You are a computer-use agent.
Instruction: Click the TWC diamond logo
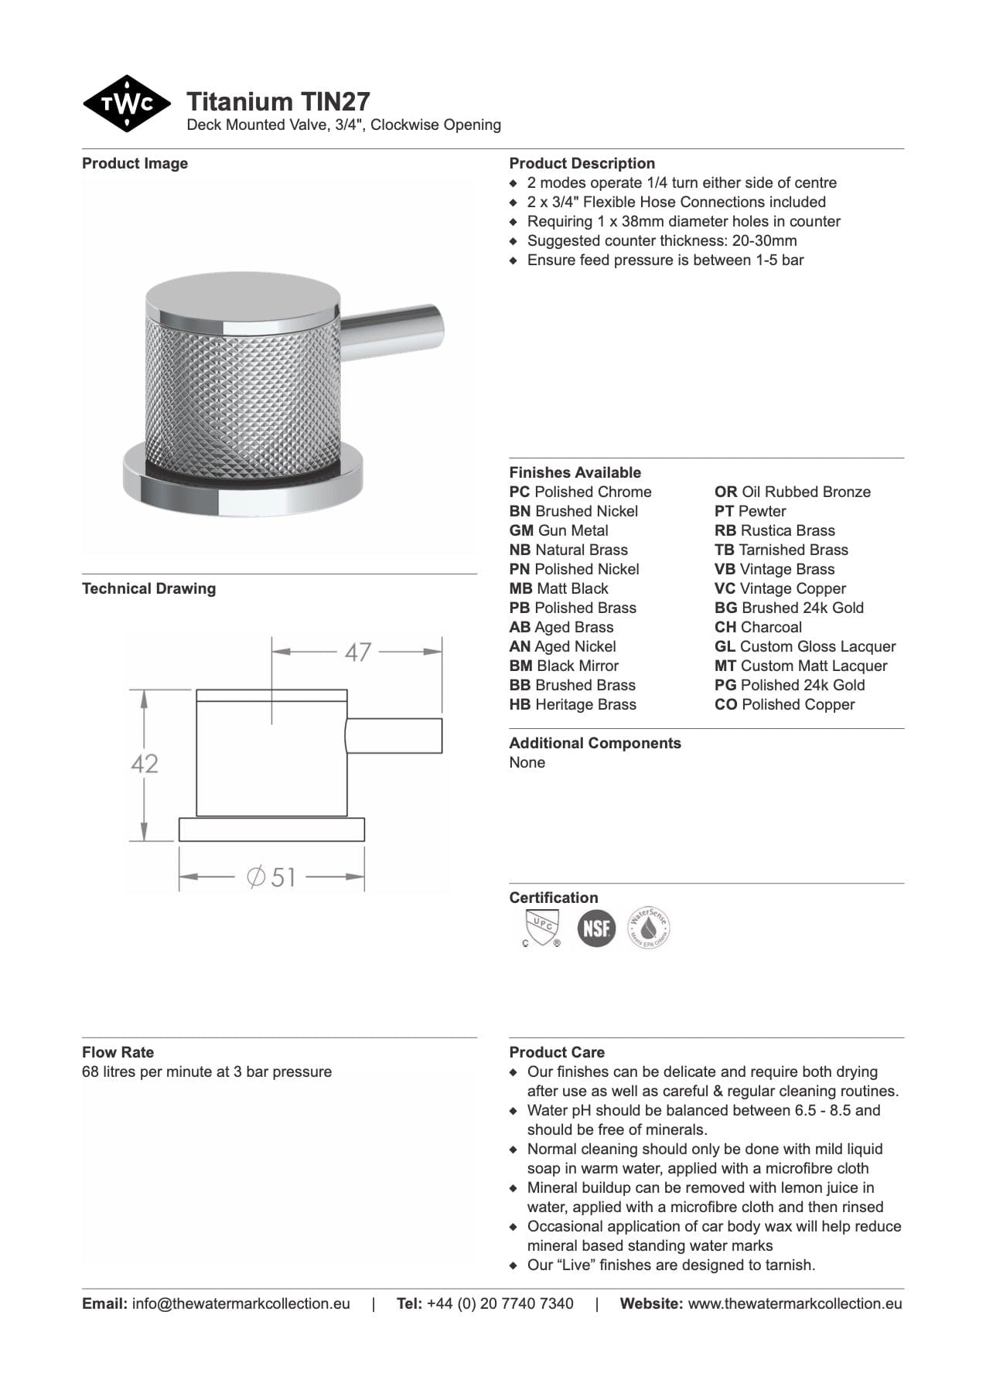pos(127,104)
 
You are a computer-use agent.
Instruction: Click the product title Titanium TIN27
pos(278,101)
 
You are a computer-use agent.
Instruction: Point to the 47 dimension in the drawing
pos(357,652)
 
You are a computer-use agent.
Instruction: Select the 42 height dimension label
pos(145,764)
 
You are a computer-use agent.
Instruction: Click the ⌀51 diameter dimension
pos(272,877)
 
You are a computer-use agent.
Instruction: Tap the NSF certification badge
pos(596,928)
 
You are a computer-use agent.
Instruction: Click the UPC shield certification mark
pos(541,928)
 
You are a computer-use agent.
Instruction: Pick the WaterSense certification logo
pos(649,928)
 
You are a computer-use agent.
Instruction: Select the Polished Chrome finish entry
pos(580,492)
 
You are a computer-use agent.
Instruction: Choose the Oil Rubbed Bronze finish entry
pos(792,492)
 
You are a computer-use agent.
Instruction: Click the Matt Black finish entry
pos(558,588)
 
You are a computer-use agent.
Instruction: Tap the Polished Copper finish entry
pos(784,704)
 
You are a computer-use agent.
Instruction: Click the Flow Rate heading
pos(118,1052)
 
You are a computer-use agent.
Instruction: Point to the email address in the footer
pos(241,1303)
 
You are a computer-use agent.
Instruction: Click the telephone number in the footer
pos(500,1303)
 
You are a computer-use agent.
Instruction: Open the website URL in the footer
pos(794,1303)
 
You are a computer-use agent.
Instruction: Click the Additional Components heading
pos(595,743)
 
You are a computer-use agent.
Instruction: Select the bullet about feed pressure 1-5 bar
pos(665,260)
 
